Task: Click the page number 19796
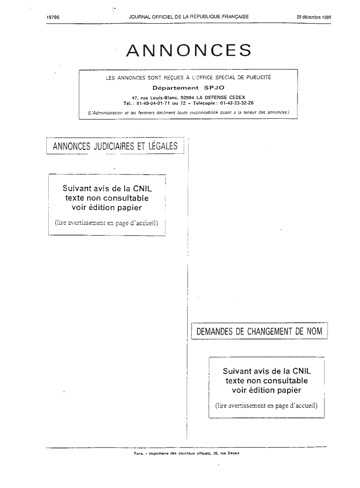[x=53, y=17]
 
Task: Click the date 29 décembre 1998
[x=314, y=17]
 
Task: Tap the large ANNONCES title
[x=189, y=50]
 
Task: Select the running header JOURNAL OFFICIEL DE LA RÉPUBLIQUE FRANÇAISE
[x=189, y=17]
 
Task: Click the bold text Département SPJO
[x=189, y=88]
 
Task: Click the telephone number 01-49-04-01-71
[x=153, y=103]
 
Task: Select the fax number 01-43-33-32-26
[x=236, y=103]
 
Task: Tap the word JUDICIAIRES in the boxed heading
[x=113, y=146]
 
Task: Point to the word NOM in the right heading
[x=315, y=331]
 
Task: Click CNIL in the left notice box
[x=142, y=188]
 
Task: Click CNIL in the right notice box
[x=301, y=371]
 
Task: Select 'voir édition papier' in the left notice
[x=107, y=208]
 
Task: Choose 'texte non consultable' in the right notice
[x=267, y=381]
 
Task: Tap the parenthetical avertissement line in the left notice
[x=107, y=223]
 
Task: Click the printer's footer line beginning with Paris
[x=187, y=453]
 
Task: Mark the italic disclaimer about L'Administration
[x=189, y=113]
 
